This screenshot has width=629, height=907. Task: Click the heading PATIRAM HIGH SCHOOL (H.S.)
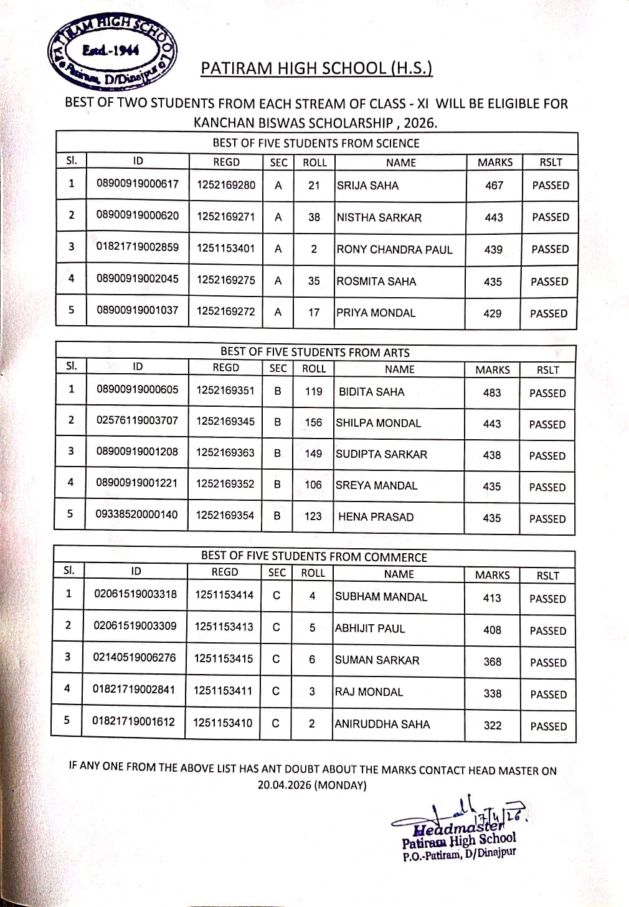[x=316, y=68]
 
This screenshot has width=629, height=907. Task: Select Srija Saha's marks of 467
[x=494, y=186]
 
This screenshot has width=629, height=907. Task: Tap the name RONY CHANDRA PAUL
[x=394, y=250]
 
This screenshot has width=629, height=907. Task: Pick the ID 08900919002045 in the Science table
[x=137, y=279]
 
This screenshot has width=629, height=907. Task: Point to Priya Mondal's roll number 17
[x=314, y=313]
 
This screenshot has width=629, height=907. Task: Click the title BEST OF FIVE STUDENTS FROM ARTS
[x=314, y=352]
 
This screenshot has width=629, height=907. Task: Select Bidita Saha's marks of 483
[x=491, y=392]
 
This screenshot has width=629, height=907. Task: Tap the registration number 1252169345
[x=225, y=422]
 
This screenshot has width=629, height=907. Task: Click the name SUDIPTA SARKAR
[x=381, y=455]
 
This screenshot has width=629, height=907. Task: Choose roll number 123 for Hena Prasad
[x=313, y=516]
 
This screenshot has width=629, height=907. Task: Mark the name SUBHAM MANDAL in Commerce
[x=381, y=597]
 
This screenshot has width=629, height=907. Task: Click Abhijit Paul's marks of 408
[x=492, y=630]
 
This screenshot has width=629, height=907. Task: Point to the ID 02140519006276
[x=135, y=658]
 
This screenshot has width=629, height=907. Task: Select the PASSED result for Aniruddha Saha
[x=548, y=726]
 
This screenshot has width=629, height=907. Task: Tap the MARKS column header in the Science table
[x=495, y=163]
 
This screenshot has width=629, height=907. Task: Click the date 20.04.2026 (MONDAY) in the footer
[x=312, y=786]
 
